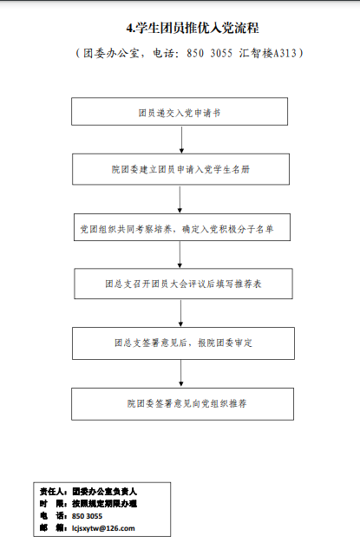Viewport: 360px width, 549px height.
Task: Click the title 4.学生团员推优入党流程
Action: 193,28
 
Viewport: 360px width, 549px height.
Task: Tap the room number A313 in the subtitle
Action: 285,53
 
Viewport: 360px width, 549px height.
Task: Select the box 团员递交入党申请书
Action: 180,111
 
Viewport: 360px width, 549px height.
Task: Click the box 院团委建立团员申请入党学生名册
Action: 180,169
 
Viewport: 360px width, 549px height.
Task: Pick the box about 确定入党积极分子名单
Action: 182,227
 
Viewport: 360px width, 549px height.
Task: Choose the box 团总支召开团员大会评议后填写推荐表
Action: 183,284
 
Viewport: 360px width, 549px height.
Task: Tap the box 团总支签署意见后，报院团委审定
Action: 183,343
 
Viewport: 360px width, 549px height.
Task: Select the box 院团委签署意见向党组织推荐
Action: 182,403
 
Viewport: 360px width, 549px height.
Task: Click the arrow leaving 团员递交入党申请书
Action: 181,140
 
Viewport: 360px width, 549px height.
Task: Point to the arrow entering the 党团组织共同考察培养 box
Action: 180,199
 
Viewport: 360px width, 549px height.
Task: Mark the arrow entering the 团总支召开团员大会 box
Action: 180,254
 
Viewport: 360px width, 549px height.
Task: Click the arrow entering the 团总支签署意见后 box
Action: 180,313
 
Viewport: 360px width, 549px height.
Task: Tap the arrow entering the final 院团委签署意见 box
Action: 180,374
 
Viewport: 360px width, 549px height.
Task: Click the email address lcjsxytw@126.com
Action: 103,528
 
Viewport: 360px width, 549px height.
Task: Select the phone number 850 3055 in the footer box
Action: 88,516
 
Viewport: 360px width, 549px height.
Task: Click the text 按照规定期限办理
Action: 104,504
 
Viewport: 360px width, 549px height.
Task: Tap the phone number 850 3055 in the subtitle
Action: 209,53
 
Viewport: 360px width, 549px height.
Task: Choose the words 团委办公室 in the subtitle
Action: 111,53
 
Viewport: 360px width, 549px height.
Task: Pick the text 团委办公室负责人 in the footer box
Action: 104,492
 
